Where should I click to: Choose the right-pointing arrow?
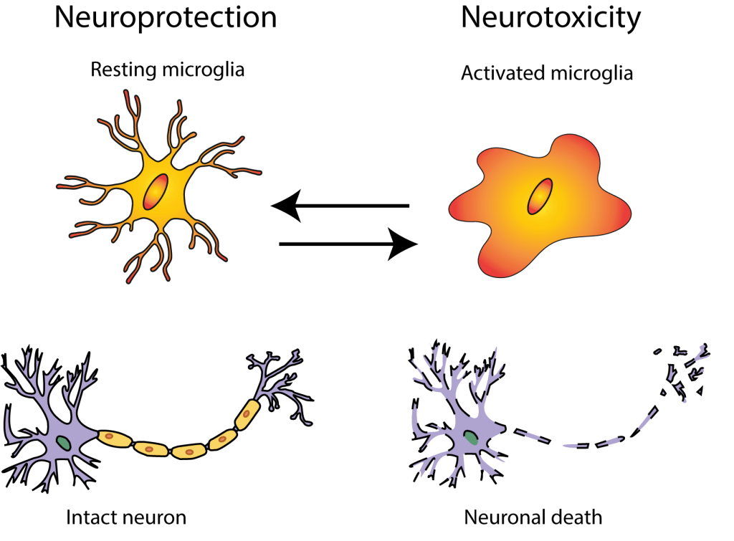click(348, 245)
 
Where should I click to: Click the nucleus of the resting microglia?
click(156, 192)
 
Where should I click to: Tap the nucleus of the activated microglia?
click(540, 196)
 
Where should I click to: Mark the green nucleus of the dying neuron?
click(470, 436)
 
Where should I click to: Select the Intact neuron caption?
click(126, 517)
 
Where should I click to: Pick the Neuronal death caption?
click(533, 517)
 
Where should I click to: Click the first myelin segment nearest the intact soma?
click(115, 437)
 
